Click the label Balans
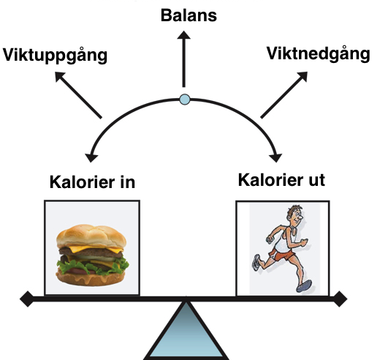click(x=189, y=15)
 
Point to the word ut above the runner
click(x=315, y=179)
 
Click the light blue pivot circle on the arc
click(x=185, y=99)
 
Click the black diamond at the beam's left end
click(x=26, y=299)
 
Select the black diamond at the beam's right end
click(x=340, y=298)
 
